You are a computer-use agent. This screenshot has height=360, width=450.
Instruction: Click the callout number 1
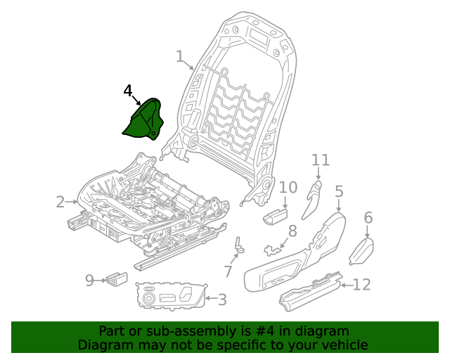tap(179, 56)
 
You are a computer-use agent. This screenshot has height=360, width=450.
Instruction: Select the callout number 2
tap(60, 202)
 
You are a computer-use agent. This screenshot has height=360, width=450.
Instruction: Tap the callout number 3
tap(221, 300)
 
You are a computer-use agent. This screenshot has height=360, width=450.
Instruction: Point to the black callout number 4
tap(127, 91)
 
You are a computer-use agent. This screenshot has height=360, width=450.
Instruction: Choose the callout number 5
tap(339, 191)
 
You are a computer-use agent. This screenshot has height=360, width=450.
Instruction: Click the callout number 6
tap(368, 218)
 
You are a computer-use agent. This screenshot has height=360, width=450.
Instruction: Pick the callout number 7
tap(228, 271)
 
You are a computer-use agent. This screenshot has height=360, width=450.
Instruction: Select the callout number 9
tap(89, 281)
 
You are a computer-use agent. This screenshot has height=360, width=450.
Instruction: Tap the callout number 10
tap(288, 187)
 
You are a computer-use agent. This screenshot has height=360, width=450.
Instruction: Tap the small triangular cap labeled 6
tap(360, 249)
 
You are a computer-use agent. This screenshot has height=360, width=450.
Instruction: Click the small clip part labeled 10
tap(276, 215)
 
